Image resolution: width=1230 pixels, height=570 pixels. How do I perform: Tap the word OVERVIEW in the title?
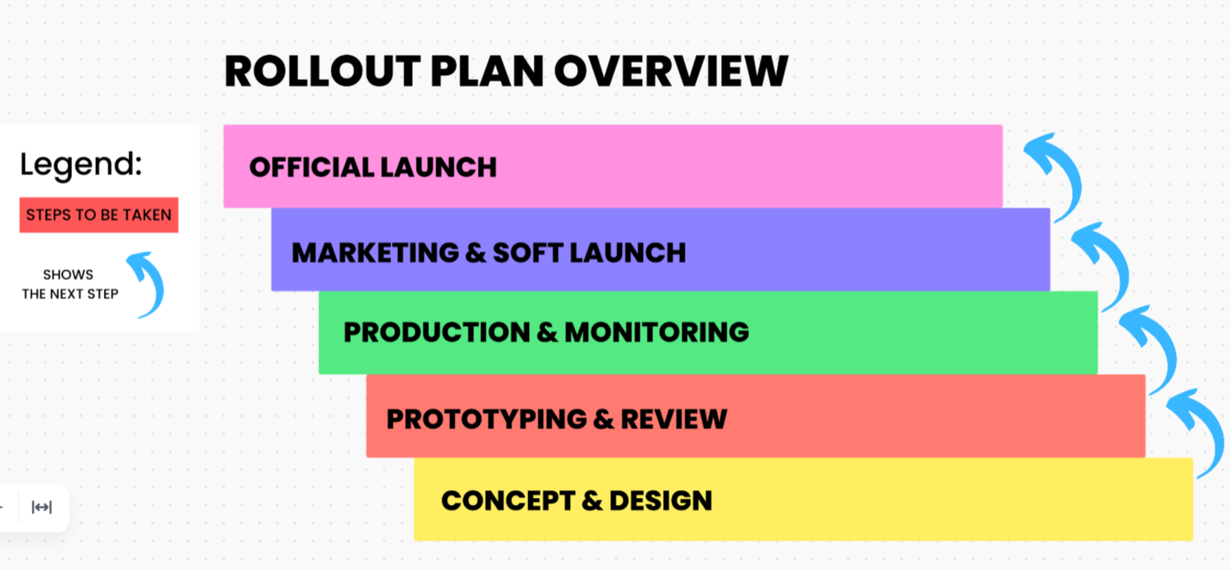[671, 71]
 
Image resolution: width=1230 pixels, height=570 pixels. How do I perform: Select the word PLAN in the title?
[486, 71]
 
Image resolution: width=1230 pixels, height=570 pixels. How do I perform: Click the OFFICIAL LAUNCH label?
[373, 168]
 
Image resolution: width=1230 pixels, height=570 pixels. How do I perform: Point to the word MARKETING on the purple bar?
[375, 253]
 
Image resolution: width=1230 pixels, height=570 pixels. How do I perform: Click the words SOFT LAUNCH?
[589, 253]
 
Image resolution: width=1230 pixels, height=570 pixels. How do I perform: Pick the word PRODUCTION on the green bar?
[436, 333]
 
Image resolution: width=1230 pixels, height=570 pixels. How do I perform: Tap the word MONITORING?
[656, 333]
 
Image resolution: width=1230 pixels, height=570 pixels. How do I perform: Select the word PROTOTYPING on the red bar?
[486, 420]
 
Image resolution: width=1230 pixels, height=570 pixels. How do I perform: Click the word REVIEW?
[673, 420]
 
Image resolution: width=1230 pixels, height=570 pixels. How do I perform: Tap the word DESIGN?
[660, 501]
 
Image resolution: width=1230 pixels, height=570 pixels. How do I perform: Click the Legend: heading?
[81, 164]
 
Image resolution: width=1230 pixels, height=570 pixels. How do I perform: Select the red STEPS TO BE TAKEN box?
[98, 215]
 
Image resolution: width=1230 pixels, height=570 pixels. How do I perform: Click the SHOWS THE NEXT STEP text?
[70, 284]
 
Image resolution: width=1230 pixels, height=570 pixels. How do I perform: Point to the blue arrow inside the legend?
[148, 283]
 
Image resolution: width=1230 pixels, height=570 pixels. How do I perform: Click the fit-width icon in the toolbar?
[42, 507]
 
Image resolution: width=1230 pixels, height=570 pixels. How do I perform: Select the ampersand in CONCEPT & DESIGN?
[592, 501]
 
